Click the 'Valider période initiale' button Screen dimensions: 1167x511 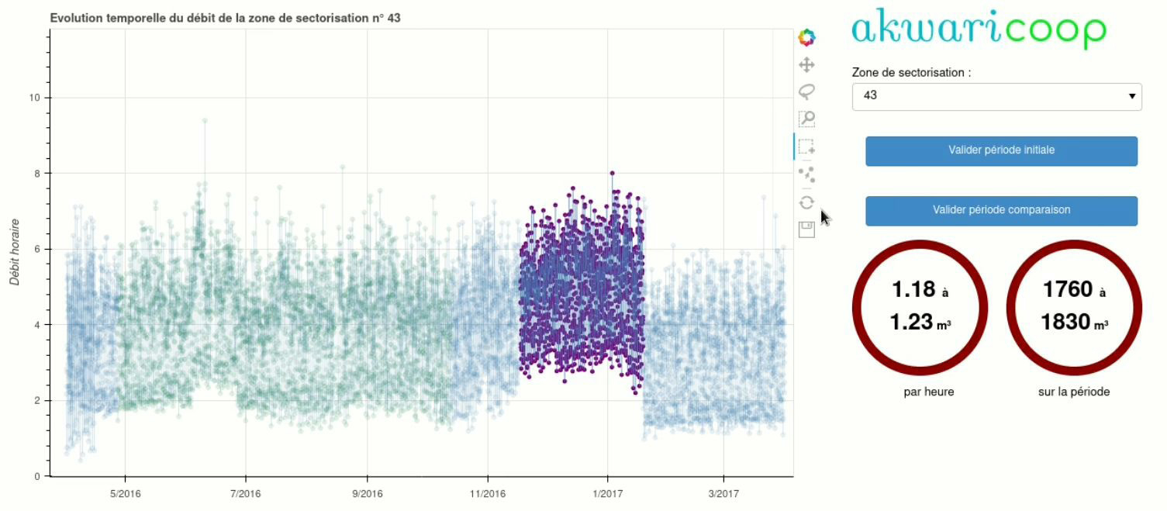pos(1001,151)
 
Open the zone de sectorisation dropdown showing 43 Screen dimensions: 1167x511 pos(996,96)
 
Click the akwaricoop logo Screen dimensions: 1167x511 pos(979,28)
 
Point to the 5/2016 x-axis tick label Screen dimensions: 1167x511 pos(125,493)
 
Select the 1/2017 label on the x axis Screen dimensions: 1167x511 pos(607,493)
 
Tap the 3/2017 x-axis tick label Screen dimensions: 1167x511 pos(723,493)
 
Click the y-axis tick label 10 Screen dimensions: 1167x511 pos(34,98)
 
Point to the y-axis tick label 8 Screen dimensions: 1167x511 pos(37,174)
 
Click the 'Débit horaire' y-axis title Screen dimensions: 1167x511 pos(15,252)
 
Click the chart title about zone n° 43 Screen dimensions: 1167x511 pos(225,19)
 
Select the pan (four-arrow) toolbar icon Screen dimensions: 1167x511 pos(806,65)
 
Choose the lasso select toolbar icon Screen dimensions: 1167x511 pos(806,91)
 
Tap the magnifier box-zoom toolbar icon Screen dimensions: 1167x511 pos(806,119)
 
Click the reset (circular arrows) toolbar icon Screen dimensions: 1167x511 pos(806,202)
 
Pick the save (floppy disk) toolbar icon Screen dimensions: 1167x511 pos(806,230)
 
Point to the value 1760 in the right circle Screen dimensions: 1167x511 pos(1068,289)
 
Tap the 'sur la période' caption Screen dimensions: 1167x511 pos(1074,392)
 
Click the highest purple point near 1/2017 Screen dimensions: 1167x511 pos(612,173)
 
